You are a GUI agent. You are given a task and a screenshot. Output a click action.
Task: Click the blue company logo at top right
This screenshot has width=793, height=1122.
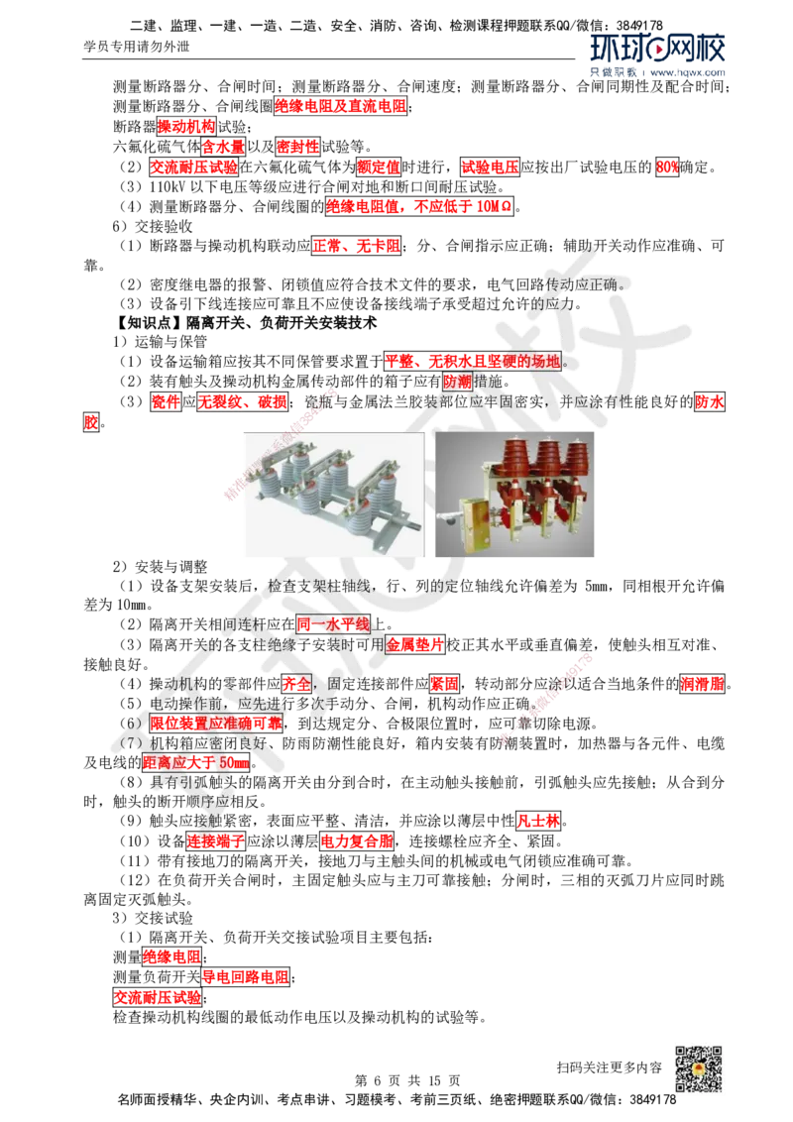(657, 55)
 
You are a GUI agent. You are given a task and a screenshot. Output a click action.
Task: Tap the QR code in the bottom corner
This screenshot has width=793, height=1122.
(697, 1069)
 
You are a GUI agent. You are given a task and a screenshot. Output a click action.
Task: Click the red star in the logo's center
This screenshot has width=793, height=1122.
(657, 48)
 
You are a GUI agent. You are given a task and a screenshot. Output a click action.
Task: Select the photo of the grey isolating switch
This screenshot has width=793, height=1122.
(333, 496)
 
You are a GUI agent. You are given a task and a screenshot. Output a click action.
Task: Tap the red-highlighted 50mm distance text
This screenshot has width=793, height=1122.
(195, 762)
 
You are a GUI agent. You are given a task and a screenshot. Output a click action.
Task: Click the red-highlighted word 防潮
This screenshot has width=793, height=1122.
(458, 382)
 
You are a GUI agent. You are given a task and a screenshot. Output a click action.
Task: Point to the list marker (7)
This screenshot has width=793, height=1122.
(126, 743)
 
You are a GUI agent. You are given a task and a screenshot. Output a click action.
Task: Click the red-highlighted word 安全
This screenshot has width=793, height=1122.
(296, 683)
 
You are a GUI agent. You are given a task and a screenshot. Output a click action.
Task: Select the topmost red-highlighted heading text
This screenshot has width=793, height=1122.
(341, 105)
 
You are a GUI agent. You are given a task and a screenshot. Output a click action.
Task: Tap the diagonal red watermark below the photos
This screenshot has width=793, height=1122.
(545, 698)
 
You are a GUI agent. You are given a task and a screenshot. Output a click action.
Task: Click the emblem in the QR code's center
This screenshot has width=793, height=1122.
(697, 1070)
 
